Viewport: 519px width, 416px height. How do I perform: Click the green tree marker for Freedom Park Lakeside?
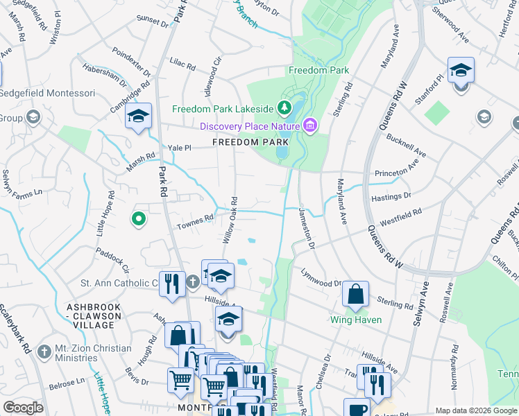[x=283, y=108]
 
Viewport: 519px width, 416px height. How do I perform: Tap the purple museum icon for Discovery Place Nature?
[x=310, y=125]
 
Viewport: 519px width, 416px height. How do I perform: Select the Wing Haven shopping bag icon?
[x=355, y=294]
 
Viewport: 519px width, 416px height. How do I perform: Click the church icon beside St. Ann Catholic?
[x=192, y=282]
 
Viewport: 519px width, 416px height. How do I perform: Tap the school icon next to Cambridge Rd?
[x=138, y=116]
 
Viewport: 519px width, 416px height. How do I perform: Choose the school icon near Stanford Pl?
[x=461, y=71]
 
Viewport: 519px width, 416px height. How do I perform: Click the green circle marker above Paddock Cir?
[x=139, y=220]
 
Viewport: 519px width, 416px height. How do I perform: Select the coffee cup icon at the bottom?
[x=357, y=409]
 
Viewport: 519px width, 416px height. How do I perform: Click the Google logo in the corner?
[x=23, y=408]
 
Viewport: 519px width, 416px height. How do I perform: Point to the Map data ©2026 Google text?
[x=475, y=410]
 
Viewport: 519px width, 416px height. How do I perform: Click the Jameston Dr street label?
[x=307, y=228]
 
